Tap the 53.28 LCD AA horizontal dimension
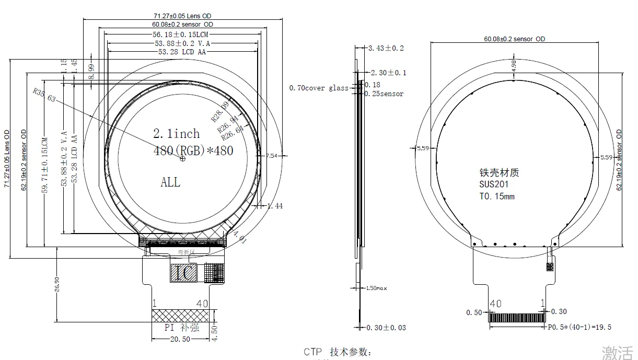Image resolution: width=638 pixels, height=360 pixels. pyautogui.click(x=183, y=52)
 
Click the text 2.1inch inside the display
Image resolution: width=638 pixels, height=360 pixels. pyautogui.click(x=177, y=134)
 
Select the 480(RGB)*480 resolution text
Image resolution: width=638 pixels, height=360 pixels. pyautogui.click(x=193, y=150)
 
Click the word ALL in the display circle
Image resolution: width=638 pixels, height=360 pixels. pyautogui.click(x=170, y=182)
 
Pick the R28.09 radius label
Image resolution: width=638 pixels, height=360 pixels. pyautogui.click(x=220, y=112)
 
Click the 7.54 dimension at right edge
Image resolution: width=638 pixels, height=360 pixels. pyautogui.click(x=272, y=156)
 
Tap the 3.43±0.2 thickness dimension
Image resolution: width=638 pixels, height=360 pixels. pyautogui.click(x=386, y=48)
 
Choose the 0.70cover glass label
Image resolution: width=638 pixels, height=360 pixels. pyautogui.click(x=318, y=88)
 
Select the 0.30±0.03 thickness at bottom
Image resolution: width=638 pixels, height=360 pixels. pyautogui.click(x=386, y=328)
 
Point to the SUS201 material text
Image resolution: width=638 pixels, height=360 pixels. pyautogui.click(x=494, y=184)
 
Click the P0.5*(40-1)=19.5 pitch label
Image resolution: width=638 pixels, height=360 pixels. pyautogui.click(x=579, y=327)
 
